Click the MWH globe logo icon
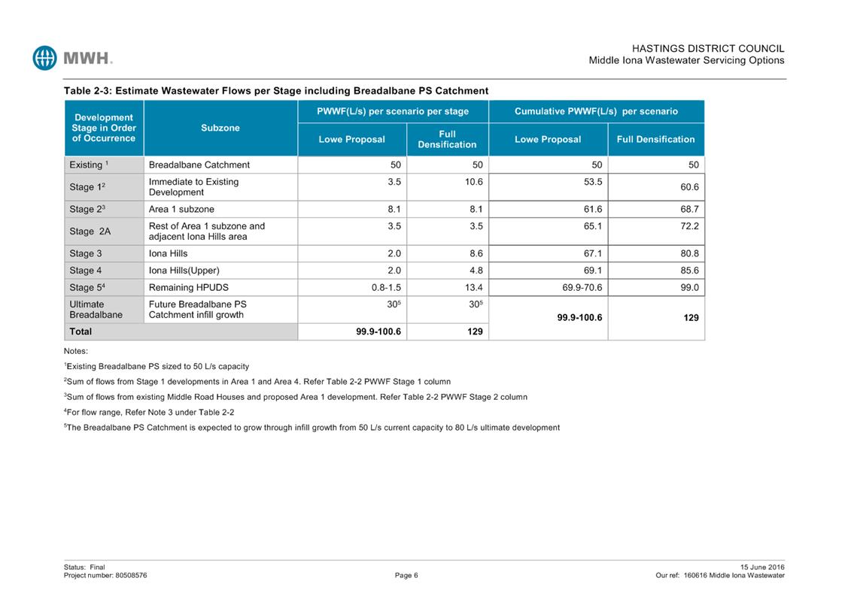[45, 58]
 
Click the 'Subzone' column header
[220, 128]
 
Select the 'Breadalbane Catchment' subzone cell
[199, 165]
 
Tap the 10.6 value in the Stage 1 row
[473, 181]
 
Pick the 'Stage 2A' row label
[90, 231]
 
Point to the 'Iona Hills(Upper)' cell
[184, 271]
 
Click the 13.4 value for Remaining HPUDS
[473, 287]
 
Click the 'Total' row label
[81, 331]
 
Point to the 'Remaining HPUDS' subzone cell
[188, 287]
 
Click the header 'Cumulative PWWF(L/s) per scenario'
[596, 111]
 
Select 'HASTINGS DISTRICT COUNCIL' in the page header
[708, 48]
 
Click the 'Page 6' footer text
[406, 576]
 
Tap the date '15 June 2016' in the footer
[762, 567]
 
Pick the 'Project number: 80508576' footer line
[105, 576]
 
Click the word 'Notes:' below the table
[76, 351]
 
